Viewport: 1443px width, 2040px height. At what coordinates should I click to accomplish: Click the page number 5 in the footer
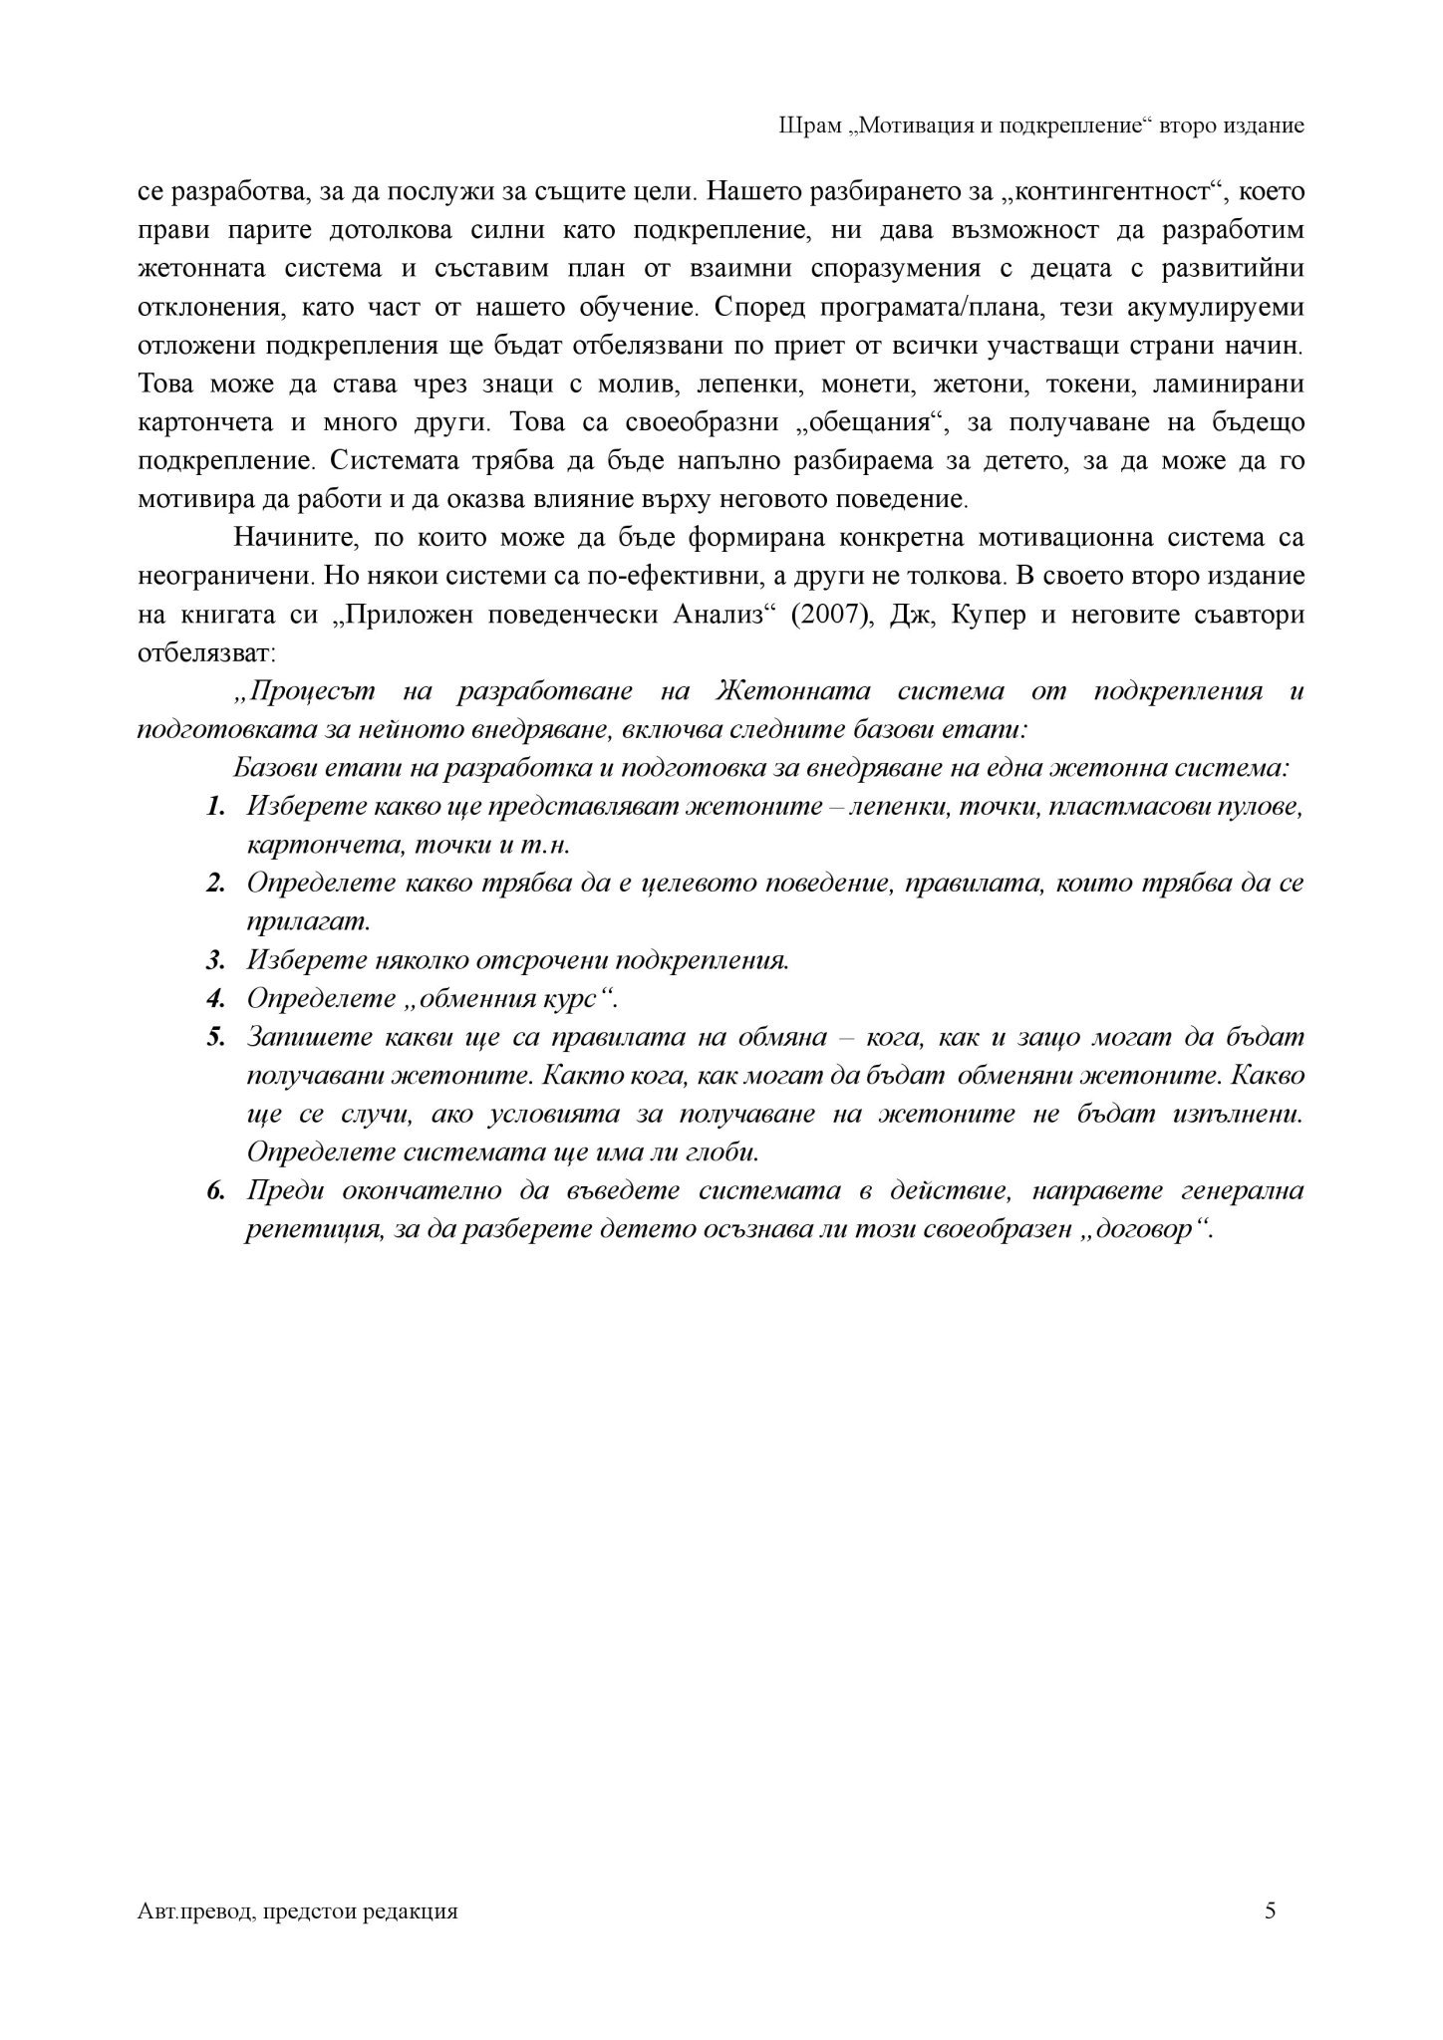point(1269,1910)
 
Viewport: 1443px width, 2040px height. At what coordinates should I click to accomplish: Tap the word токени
point(1094,384)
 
